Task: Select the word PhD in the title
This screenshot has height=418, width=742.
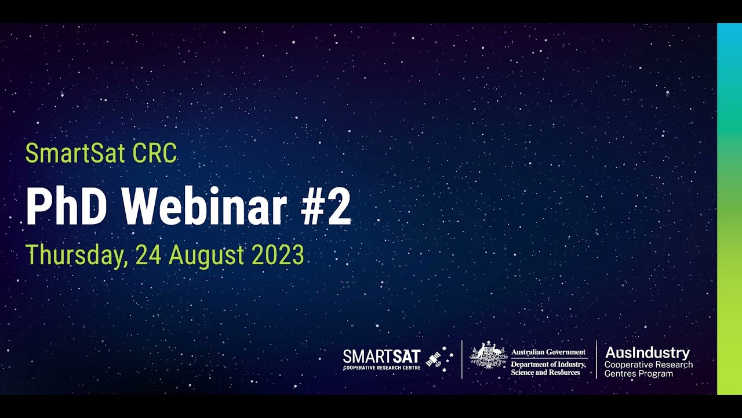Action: point(66,207)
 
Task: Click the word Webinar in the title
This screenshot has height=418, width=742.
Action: point(205,207)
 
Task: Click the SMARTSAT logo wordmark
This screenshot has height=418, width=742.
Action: point(381,356)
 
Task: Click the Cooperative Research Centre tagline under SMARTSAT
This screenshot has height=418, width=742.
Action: point(381,367)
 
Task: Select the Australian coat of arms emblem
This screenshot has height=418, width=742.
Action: point(488,356)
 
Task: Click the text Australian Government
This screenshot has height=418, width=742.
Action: point(548,352)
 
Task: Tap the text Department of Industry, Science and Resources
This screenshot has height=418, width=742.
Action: point(548,368)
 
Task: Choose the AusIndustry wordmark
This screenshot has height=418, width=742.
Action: point(647,352)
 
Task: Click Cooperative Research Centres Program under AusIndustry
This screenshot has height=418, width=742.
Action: point(648,369)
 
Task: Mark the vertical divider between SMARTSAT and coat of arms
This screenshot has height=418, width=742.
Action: point(461,359)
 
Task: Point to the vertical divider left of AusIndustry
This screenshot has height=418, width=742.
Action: point(596,359)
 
